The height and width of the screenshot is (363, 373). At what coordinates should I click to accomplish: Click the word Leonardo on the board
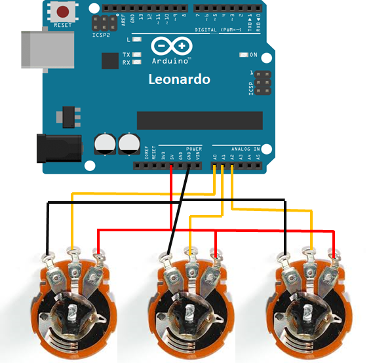tap(179, 79)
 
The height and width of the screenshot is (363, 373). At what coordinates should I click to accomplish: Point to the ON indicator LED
tap(243, 54)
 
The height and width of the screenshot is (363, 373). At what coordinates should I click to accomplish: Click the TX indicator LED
tap(137, 54)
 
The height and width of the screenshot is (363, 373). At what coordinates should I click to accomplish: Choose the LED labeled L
tap(137, 40)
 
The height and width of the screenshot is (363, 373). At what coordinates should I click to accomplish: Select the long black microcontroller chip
tap(199, 119)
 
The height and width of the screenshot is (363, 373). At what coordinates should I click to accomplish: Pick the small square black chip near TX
tap(109, 60)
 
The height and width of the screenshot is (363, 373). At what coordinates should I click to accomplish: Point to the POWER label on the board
tap(194, 149)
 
